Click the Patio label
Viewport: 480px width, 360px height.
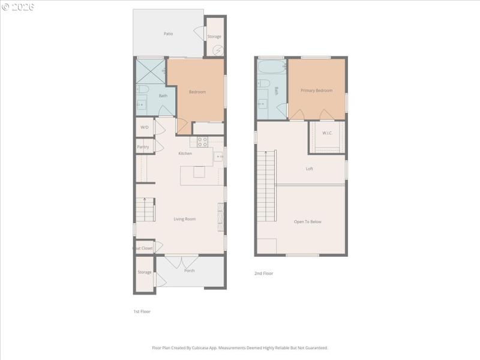click(x=169, y=34)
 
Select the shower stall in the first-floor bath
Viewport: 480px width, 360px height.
click(x=151, y=70)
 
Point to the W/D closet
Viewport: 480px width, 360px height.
click(x=145, y=127)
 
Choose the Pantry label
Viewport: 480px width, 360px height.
click(x=143, y=146)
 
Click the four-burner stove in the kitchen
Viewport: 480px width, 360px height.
click(x=202, y=142)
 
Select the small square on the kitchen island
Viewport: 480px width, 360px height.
click(x=198, y=172)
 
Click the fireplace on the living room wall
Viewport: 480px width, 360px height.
click(x=220, y=217)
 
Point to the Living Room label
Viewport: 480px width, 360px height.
click(x=184, y=219)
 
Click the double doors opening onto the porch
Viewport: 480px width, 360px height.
click(x=181, y=261)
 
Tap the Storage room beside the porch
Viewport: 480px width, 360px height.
click(x=144, y=272)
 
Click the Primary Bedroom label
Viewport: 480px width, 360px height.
click(x=316, y=91)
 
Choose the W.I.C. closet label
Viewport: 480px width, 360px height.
click(x=327, y=133)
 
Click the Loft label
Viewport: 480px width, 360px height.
click(x=310, y=169)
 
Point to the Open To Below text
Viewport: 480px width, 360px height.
click(x=307, y=221)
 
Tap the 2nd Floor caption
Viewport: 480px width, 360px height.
click(x=263, y=273)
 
